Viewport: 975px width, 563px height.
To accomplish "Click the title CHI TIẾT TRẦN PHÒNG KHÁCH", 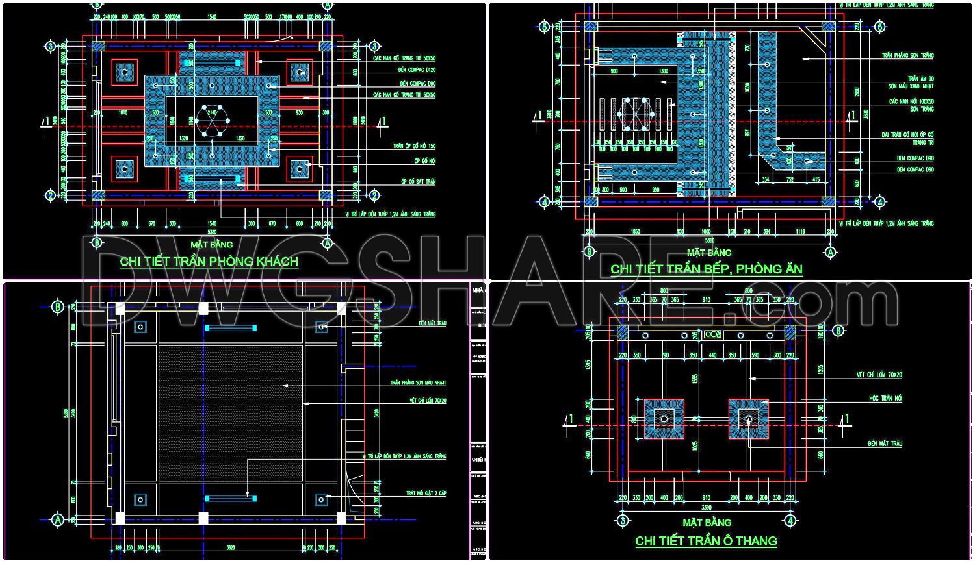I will pos(209,262).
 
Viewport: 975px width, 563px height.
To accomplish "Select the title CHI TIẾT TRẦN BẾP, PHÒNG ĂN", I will pos(706,269).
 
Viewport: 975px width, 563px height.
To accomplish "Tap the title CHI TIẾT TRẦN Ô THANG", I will pos(706,541).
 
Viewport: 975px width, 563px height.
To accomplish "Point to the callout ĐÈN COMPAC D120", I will pos(417,70).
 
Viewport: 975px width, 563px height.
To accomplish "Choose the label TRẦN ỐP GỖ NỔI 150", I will pos(414,147).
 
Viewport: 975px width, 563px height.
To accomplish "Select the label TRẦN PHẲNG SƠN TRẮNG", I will pos(907,56).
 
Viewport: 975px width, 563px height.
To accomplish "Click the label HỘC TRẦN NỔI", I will pos(885,398).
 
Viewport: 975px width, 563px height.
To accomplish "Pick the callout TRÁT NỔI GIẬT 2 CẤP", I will pos(426,494).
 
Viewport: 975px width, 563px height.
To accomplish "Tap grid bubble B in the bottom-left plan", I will pos(58,307).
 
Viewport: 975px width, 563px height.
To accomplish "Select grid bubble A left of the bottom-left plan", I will pos(58,519).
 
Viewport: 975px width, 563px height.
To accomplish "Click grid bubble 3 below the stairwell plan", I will pos(623,520).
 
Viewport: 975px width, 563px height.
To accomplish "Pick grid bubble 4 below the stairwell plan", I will pos(790,520).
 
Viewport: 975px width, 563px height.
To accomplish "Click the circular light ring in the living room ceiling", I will pos(212,121).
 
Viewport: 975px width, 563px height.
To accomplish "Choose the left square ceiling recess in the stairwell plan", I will pos(664,419).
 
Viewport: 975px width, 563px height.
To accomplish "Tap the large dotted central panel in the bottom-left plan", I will pos(230,413).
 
